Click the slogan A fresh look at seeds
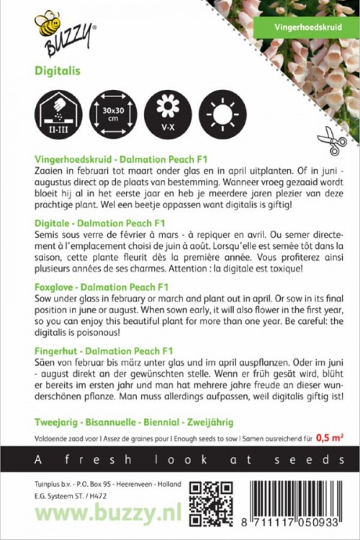pos(180,459)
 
